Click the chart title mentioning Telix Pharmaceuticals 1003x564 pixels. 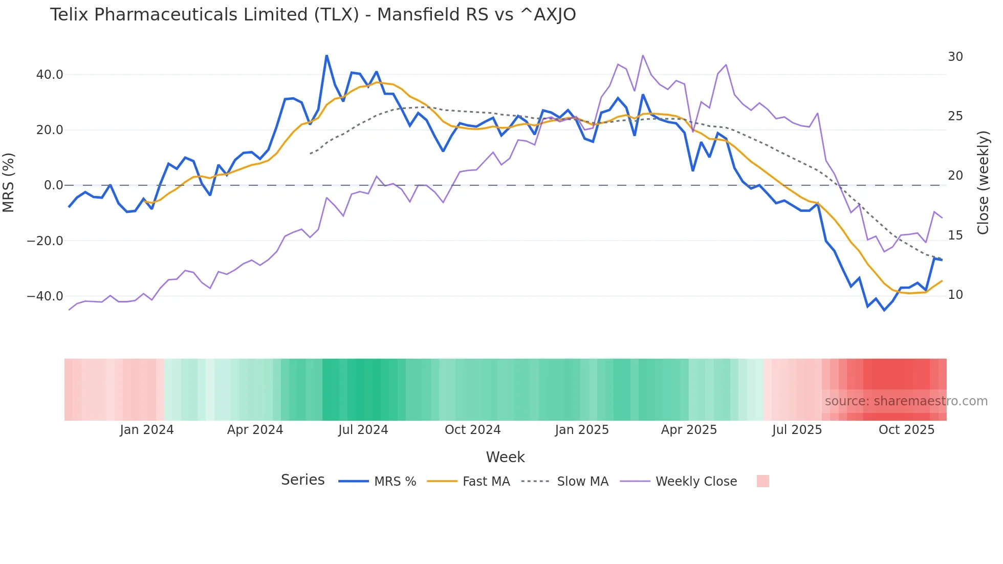tap(313, 15)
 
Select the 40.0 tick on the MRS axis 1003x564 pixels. tap(50, 75)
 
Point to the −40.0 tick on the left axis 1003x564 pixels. tap(45, 296)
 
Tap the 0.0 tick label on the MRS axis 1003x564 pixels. tap(53, 185)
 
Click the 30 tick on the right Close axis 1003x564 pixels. tap(955, 57)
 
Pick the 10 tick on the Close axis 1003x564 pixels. tap(955, 295)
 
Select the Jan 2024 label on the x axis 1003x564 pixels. tap(147, 430)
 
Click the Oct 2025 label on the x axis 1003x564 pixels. tap(906, 430)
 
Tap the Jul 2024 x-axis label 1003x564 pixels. tap(363, 430)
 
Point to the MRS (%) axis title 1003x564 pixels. tap(9, 182)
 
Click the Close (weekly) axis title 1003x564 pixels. tap(983, 182)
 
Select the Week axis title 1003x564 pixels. tap(505, 457)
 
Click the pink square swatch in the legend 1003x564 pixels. tap(762, 481)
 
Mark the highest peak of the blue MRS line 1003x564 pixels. tap(326, 56)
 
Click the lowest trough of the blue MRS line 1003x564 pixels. tap(884, 310)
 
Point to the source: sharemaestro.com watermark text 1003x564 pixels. tap(906, 401)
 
